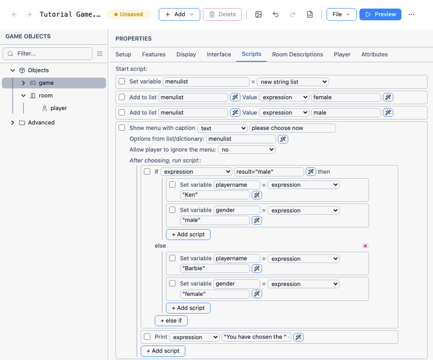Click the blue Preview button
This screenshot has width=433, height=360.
[380, 14]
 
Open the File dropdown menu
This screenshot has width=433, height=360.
[341, 14]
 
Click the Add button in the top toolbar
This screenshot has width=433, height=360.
[179, 14]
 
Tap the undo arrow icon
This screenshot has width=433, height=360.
[275, 14]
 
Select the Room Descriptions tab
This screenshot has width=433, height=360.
[297, 55]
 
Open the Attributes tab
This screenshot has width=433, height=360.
[374, 55]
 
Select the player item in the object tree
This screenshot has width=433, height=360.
[59, 108]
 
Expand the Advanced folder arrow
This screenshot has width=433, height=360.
[13, 122]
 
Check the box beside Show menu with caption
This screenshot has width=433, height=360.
[122, 128]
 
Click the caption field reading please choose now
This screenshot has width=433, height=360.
[292, 128]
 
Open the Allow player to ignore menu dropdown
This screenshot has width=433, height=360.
[247, 149]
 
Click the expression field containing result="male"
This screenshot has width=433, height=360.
[269, 171]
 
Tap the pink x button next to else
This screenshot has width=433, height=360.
[365, 246]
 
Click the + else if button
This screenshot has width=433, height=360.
[171, 320]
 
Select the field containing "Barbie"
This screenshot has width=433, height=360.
[215, 268]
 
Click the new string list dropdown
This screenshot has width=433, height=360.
[293, 82]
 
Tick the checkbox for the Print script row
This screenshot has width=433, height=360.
[147, 337]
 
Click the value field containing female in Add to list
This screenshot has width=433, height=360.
[346, 97]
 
